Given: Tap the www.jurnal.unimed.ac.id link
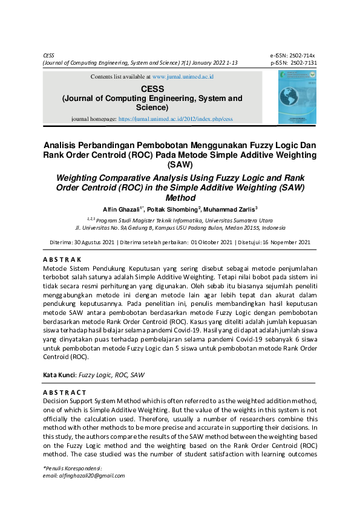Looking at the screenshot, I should pyautogui.click(x=183, y=77).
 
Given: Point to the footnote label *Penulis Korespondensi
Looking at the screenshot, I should pyautogui.click(x=72, y=468).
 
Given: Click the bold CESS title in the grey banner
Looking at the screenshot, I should pyautogui.click(x=152, y=88).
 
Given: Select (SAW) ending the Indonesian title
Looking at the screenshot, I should pyautogui.click(x=180, y=164).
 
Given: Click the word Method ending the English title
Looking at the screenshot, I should pyautogui.click(x=180, y=197).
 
